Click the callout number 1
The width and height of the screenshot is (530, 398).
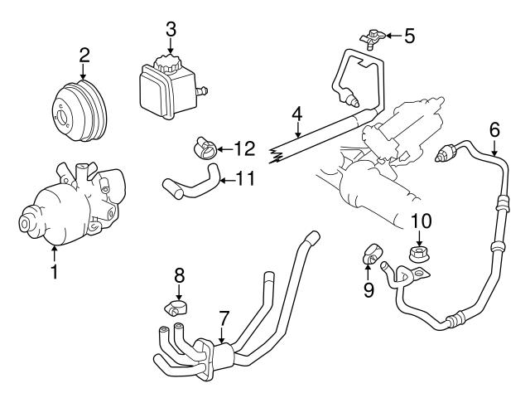(55, 269)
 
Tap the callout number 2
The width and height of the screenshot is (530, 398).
(84, 56)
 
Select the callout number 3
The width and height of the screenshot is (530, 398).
(171, 29)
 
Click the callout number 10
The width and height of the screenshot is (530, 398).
(422, 221)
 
